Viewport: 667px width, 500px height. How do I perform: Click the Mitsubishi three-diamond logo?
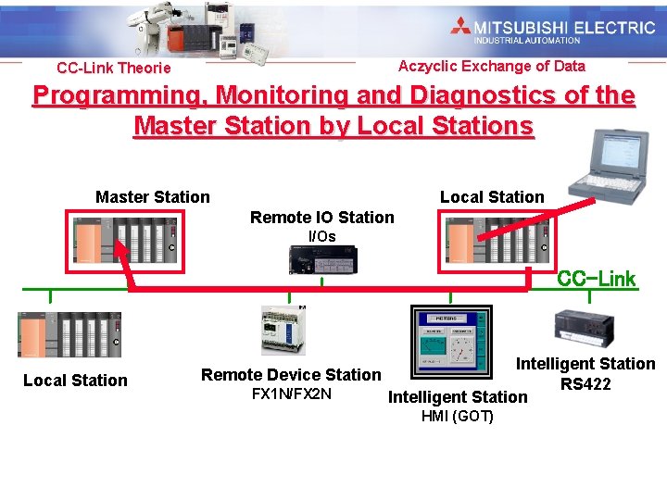[x=461, y=27]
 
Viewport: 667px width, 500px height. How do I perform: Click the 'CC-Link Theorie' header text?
[x=114, y=68]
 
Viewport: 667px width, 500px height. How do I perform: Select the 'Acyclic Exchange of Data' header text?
[x=491, y=66]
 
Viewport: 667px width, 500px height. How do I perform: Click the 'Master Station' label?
[x=153, y=196]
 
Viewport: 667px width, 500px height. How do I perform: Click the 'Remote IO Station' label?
[x=321, y=218]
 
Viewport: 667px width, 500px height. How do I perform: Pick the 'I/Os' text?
[x=321, y=237]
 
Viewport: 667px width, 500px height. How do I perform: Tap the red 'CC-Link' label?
[x=596, y=279]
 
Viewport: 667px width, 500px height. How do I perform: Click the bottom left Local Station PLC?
[x=69, y=334]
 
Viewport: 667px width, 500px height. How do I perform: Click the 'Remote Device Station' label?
[x=291, y=375]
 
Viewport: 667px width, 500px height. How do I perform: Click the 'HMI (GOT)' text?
[x=458, y=417]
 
